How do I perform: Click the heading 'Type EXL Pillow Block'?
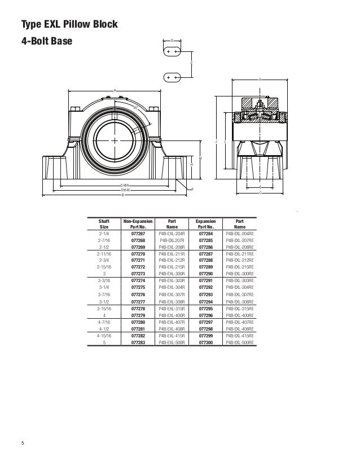69,25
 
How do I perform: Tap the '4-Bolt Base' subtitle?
47,42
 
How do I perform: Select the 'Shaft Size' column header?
104,224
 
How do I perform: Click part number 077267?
138,232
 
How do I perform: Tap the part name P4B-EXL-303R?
172,280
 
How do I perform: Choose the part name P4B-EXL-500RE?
239,342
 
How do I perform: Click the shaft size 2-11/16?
104,254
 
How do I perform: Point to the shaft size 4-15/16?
104,335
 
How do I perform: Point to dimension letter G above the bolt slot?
173,41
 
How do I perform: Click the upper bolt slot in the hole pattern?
173,51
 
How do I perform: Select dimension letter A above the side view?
260,79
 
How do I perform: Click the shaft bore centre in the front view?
115,139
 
